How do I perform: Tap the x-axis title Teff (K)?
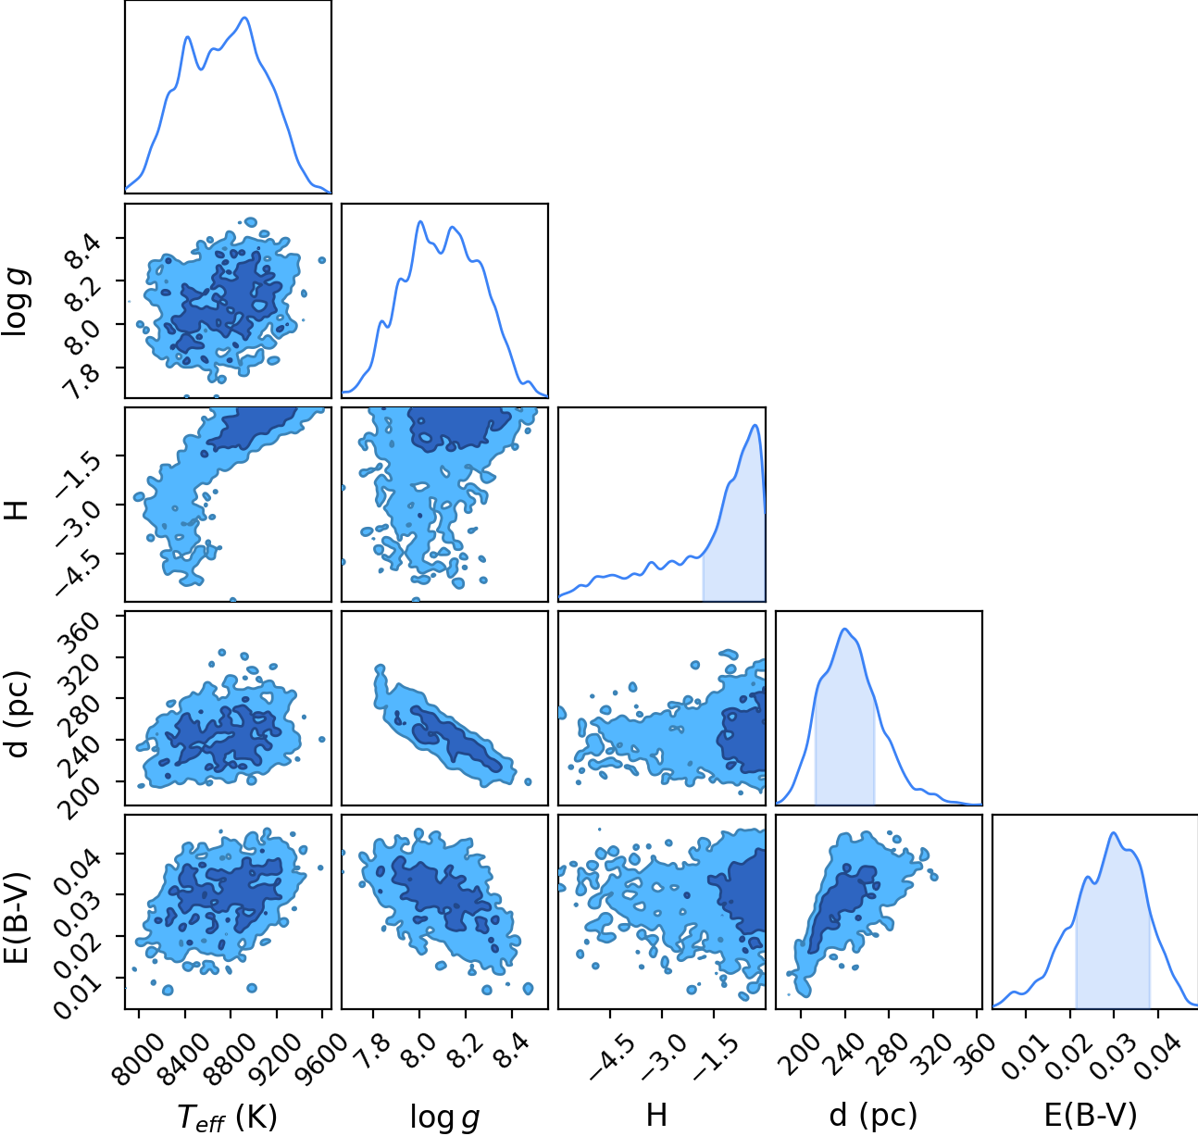click(x=228, y=1117)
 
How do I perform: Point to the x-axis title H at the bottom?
click(x=656, y=1115)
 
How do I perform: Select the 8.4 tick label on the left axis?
click(x=80, y=251)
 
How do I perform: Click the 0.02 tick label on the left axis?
click(x=74, y=946)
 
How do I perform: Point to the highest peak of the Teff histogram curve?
click(x=245, y=18)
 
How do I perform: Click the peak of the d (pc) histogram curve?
click(x=844, y=629)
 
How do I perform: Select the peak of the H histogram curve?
click(x=755, y=425)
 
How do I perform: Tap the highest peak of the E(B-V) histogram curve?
click(x=1114, y=832)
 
